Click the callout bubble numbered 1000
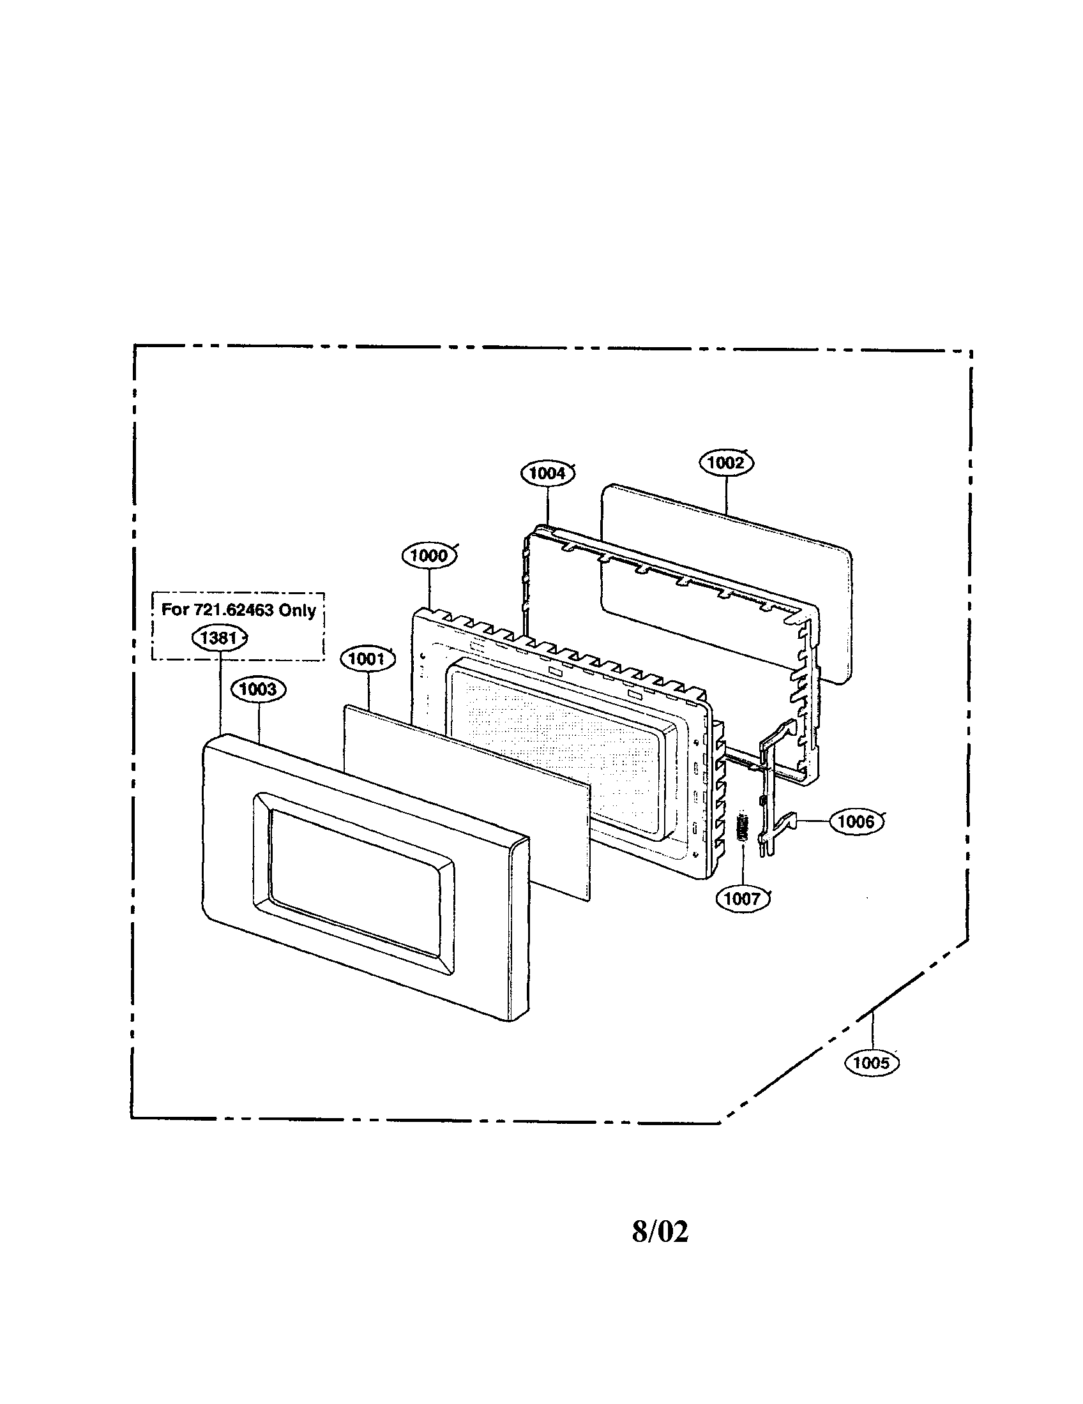tap(429, 556)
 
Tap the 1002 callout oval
tap(725, 463)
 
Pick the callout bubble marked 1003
tap(258, 690)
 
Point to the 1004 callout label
tap(547, 474)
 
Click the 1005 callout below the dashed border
tap(872, 1063)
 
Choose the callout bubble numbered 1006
tap(856, 821)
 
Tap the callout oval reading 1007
tap(742, 899)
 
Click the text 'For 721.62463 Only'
tap(238, 610)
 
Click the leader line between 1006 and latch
tap(813, 821)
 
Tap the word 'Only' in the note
tap(297, 610)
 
